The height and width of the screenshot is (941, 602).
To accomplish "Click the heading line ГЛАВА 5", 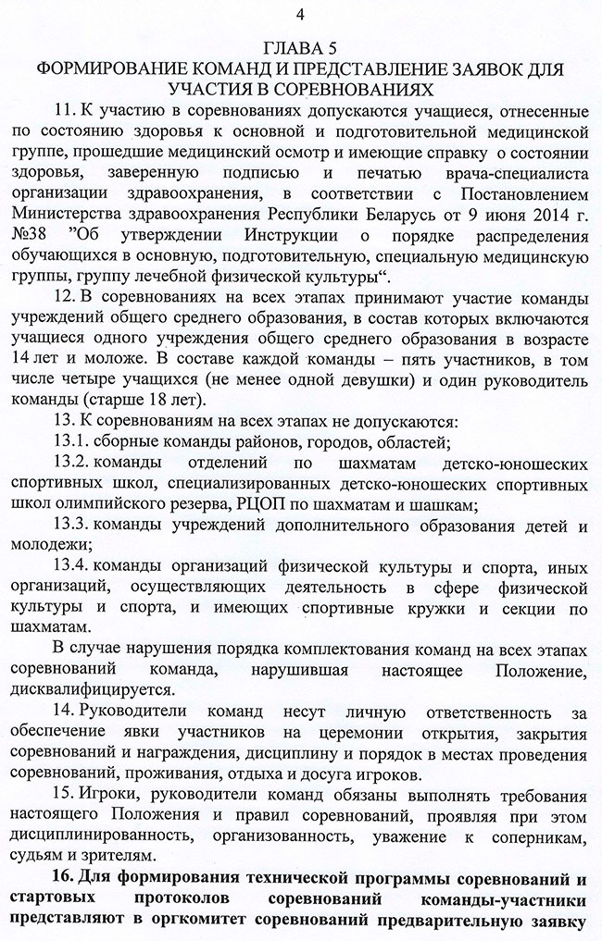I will pos(302,48).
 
